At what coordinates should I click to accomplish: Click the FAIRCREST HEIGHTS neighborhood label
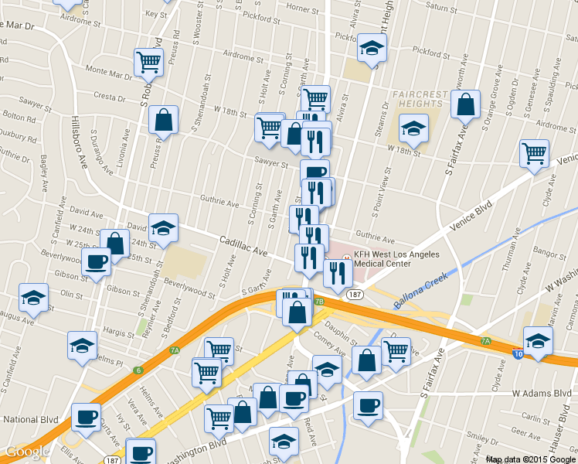(420, 100)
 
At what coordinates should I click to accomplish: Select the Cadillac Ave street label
(243, 247)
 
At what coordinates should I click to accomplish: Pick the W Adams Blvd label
(546, 393)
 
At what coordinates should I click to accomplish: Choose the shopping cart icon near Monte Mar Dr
(148, 61)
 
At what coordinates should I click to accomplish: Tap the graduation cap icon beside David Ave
(163, 227)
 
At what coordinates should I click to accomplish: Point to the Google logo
(28, 452)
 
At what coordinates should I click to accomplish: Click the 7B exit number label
(318, 301)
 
